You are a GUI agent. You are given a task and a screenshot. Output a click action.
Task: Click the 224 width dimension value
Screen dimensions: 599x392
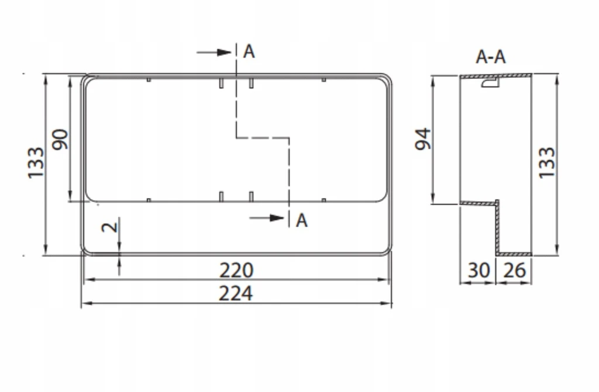tap(235, 293)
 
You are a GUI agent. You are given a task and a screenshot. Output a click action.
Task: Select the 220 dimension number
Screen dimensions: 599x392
tap(236, 270)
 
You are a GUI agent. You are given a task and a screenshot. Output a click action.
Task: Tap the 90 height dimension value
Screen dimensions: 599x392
tap(60, 140)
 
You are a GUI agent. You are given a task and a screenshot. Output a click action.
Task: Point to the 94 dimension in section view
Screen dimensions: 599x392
tap(423, 139)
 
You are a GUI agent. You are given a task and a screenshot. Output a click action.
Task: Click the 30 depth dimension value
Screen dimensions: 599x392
tap(478, 270)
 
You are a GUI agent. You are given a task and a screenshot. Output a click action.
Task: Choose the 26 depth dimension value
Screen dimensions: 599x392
tap(515, 270)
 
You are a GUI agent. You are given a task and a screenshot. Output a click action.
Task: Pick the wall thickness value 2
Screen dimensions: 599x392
tap(110, 227)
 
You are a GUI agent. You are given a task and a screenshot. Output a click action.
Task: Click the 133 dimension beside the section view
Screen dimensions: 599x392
tap(547, 162)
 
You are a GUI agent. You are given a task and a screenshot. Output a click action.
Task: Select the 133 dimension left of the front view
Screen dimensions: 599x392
tap(36, 162)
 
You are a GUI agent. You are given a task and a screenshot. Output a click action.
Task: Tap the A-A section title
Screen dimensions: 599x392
tap(491, 57)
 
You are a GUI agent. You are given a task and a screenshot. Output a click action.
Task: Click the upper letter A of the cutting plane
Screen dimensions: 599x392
tap(249, 51)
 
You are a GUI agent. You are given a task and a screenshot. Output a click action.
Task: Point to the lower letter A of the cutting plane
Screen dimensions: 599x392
tap(301, 220)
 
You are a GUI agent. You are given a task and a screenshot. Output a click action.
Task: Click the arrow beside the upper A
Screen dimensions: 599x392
tap(214, 53)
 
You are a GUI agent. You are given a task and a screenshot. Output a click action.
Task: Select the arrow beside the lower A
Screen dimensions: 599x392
tap(267, 218)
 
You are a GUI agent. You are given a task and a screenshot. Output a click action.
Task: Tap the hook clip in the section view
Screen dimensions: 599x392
tap(490, 83)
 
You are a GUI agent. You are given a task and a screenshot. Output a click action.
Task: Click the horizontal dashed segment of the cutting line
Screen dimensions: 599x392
tap(263, 138)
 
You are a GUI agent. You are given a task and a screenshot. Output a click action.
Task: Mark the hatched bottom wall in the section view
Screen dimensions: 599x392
tap(514, 254)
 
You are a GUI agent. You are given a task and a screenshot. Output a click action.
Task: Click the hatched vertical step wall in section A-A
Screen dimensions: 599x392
tap(497, 228)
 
